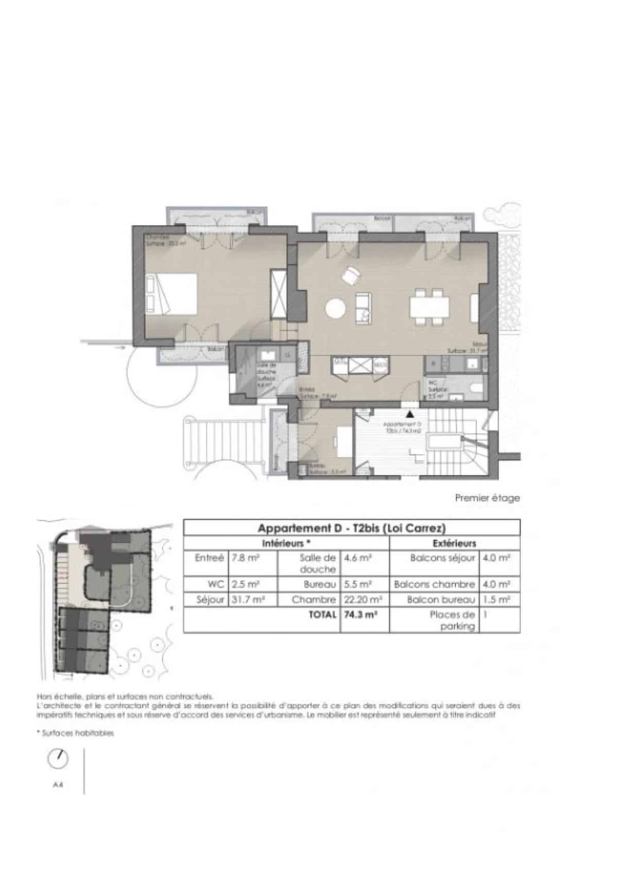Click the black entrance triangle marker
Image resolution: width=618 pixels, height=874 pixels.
pyautogui.click(x=410, y=413)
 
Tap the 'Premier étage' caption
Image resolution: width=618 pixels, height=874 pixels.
pyautogui.click(x=487, y=498)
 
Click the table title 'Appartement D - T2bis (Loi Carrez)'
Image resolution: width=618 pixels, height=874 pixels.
pyautogui.click(x=351, y=528)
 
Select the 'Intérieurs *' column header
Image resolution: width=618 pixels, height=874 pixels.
pyautogui.click(x=286, y=543)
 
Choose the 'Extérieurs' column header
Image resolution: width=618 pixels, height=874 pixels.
pyautogui.click(x=455, y=543)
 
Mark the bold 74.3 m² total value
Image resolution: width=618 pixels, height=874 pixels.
pyautogui.click(x=357, y=615)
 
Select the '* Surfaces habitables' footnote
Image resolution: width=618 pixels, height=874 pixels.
pyautogui.click(x=75, y=733)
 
